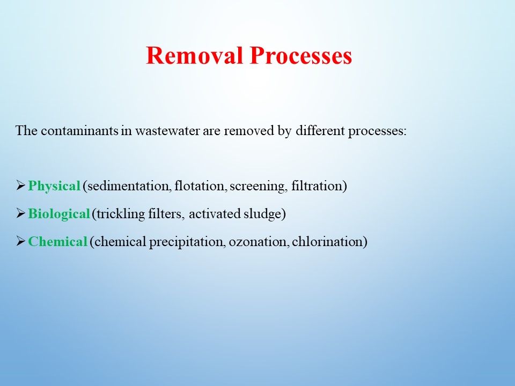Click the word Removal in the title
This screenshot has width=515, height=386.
pos(194,55)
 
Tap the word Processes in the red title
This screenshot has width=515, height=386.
pos(301,55)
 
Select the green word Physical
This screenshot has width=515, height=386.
pos(54,186)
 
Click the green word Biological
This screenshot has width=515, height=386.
pos(59,214)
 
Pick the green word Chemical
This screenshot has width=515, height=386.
pos(58,242)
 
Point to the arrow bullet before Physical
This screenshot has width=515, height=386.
pos(20,185)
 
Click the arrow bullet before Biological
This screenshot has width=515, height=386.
pos(20,213)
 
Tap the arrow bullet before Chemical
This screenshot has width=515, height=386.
pos(20,241)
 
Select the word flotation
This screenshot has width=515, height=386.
pos(200,186)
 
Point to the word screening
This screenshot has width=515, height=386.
pos(257,187)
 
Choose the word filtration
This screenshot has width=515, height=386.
pos(317,186)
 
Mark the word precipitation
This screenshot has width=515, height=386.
pos(187,242)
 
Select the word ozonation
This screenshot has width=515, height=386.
pos(259,242)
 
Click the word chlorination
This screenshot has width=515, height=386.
pos(327,242)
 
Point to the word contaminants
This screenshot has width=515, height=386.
pos(79,131)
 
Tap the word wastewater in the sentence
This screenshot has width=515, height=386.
pos(167,131)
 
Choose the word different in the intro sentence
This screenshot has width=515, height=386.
pos(320,131)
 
